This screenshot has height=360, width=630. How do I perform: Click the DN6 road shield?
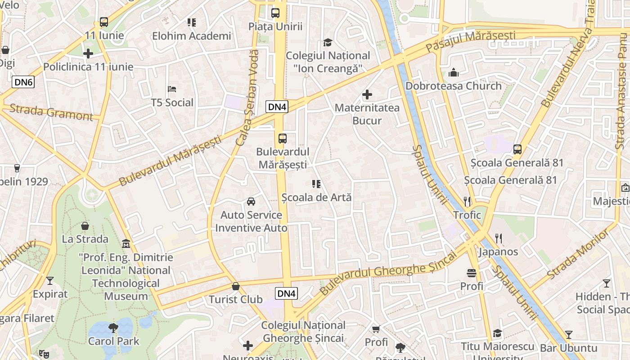(x=23, y=81)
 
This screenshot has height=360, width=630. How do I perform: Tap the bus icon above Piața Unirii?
(x=275, y=13)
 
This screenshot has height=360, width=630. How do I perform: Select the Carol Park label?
(x=114, y=341)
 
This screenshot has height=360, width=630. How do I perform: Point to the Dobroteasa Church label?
(x=453, y=85)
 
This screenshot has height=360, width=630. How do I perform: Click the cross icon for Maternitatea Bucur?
(x=367, y=94)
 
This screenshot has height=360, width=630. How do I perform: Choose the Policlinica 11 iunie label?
(x=88, y=67)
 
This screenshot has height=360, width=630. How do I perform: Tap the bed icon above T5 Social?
(x=172, y=89)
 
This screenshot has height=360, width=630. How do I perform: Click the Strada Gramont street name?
(x=51, y=112)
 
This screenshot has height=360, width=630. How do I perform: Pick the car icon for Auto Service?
(x=251, y=201)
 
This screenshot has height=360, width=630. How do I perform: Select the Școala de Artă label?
(x=316, y=197)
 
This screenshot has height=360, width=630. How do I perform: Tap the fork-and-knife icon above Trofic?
(x=467, y=201)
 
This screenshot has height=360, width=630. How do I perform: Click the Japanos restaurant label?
(x=498, y=252)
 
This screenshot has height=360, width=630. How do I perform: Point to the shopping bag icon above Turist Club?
(x=235, y=286)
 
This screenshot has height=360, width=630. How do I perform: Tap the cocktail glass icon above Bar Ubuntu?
(x=569, y=334)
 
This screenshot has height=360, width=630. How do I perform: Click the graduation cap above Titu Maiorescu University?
(x=497, y=333)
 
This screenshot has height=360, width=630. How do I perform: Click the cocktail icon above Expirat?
(x=50, y=281)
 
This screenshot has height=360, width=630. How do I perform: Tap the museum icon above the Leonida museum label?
(x=126, y=244)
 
